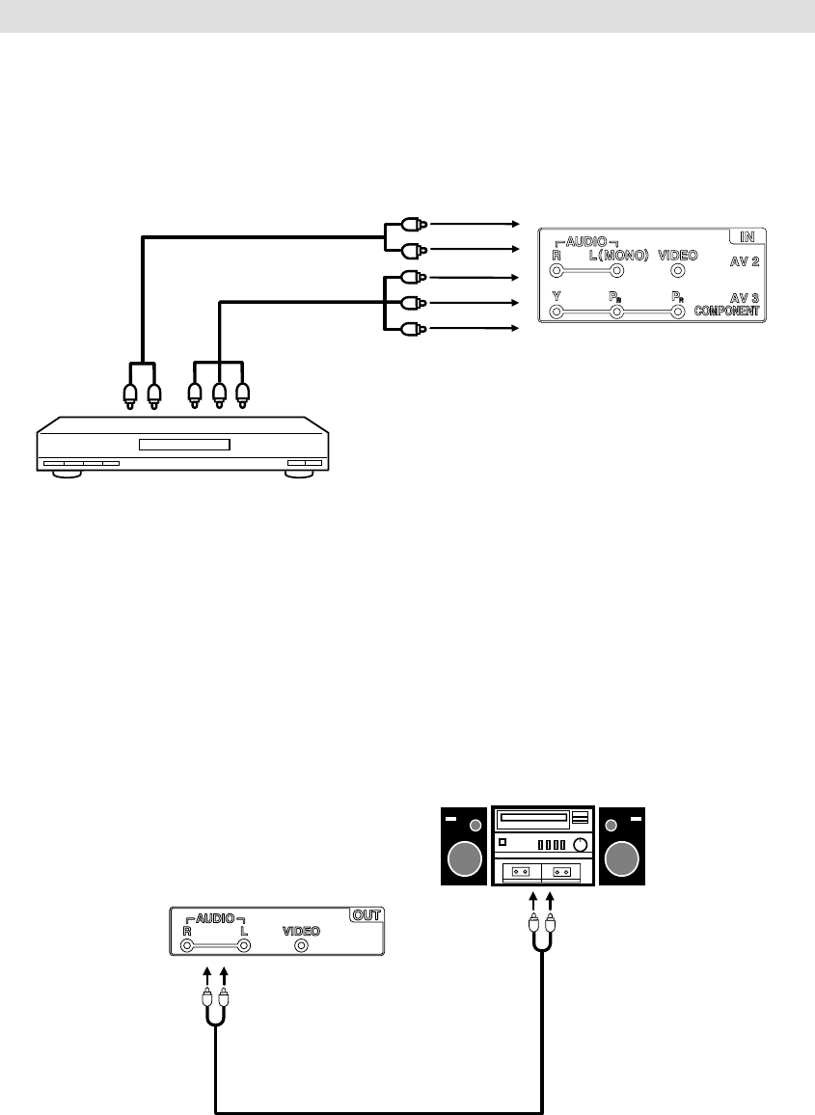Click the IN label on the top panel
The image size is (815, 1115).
(747, 236)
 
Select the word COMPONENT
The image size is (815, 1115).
(725, 312)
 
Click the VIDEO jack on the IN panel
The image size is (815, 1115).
(678, 271)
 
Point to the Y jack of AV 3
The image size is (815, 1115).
(556, 313)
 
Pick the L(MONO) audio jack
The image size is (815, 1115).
(617, 271)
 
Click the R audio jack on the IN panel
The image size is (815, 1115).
(556, 271)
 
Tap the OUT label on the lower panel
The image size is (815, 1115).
(366, 914)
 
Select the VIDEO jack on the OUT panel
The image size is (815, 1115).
(302, 946)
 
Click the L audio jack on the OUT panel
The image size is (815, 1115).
(245, 946)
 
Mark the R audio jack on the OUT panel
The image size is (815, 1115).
(187, 946)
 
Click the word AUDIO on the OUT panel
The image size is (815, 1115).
(215, 918)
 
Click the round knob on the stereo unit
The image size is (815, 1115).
(581, 845)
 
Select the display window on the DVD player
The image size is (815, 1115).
(184, 445)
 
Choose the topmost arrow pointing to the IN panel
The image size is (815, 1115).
(474, 223)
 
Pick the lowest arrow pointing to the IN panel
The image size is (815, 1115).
(474, 329)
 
